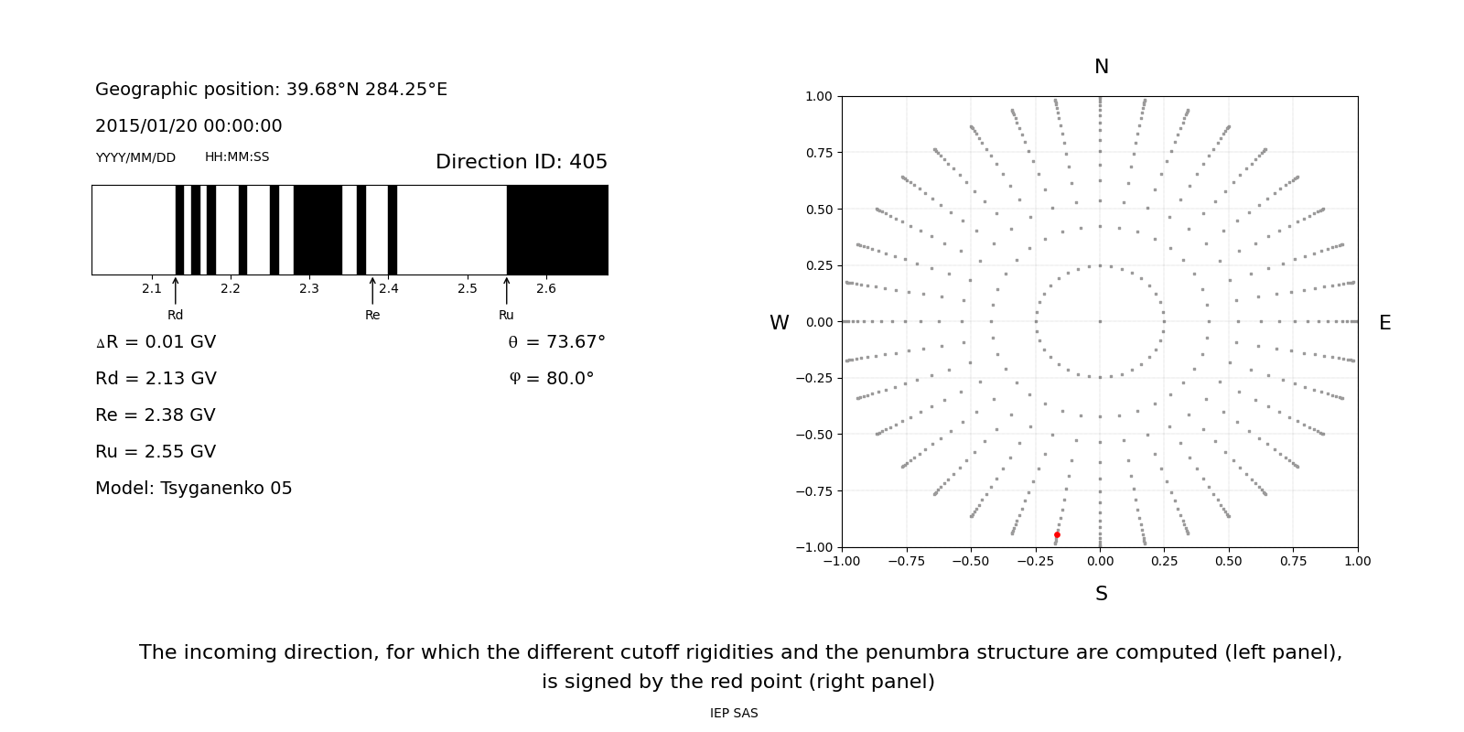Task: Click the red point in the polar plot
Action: click(1057, 535)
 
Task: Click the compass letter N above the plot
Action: click(1102, 67)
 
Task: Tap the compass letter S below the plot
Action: click(1102, 594)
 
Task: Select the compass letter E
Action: click(1384, 323)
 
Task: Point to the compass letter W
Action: click(779, 323)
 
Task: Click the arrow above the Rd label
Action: click(176, 291)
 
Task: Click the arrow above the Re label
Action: click(372, 291)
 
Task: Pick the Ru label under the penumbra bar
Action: click(506, 316)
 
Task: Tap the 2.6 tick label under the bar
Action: click(546, 289)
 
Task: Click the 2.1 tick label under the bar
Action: click(152, 289)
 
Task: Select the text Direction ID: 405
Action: click(522, 162)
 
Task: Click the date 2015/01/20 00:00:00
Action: click(188, 126)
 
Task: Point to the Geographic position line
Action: click(271, 90)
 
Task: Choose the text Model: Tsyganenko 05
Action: click(194, 489)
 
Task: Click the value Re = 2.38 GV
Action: click(156, 415)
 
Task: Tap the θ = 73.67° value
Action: click(556, 342)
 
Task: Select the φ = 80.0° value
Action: click(552, 379)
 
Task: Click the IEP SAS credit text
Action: click(734, 714)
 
